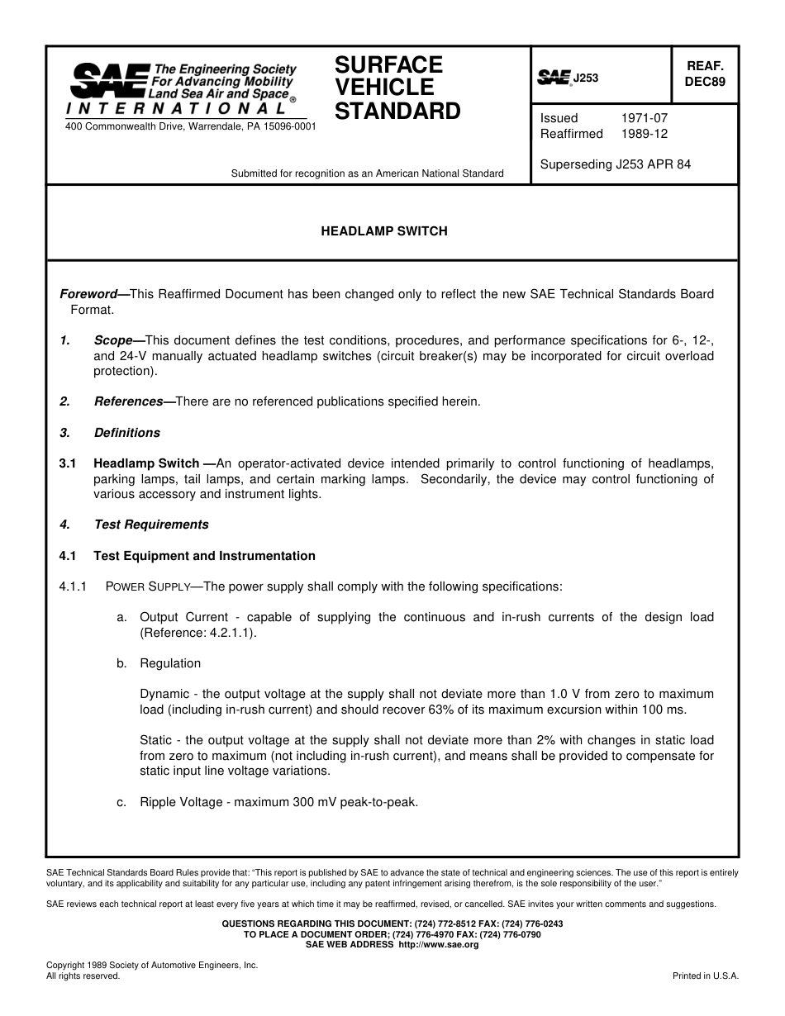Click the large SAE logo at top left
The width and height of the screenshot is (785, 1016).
tap(109, 81)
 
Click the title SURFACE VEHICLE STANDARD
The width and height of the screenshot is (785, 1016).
tap(397, 88)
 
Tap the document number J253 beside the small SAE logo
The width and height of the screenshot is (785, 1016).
tap(586, 78)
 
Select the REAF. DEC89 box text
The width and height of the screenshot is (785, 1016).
tap(705, 74)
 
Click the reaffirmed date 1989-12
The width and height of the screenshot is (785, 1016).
tap(645, 134)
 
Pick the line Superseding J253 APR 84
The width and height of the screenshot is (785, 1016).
tap(616, 164)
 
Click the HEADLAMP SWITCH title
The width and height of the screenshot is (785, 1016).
tap(384, 231)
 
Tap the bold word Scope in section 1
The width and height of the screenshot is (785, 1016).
tap(113, 340)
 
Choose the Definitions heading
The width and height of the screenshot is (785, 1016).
tap(127, 433)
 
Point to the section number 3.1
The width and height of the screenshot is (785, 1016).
tap(68, 463)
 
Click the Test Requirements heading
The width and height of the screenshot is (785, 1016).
tap(151, 525)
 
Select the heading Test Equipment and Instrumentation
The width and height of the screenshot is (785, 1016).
tap(204, 556)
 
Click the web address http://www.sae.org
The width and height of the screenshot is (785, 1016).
tap(439, 944)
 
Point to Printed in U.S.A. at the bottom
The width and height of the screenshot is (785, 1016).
tap(706, 976)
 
